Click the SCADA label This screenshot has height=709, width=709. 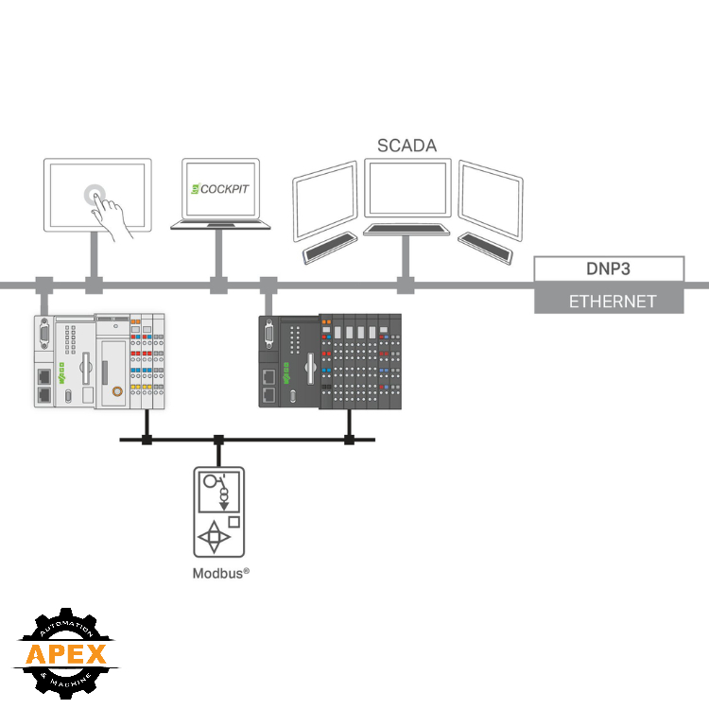click(x=407, y=146)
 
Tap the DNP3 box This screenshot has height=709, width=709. click(x=609, y=268)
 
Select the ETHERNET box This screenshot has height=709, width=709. click(x=609, y=302)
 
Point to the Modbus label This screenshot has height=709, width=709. click(x=220, y=573)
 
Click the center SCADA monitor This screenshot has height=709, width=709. click(x=406, y=190)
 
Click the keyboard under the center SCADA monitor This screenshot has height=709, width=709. click(x=407, y=229)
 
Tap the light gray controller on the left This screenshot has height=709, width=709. click(x=99, y=361)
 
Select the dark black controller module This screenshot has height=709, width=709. click(x=330, y=361)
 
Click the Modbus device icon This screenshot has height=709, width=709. click(x=218, y=511)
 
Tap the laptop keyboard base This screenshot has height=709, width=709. click(x=219, y=225)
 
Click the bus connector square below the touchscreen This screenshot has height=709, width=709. click(x=94, y=285)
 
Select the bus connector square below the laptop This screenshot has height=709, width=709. click(x=218, y=285)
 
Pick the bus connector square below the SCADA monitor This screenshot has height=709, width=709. click(x=406, y=285)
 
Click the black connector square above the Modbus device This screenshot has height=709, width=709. click(x=218, y=440)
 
